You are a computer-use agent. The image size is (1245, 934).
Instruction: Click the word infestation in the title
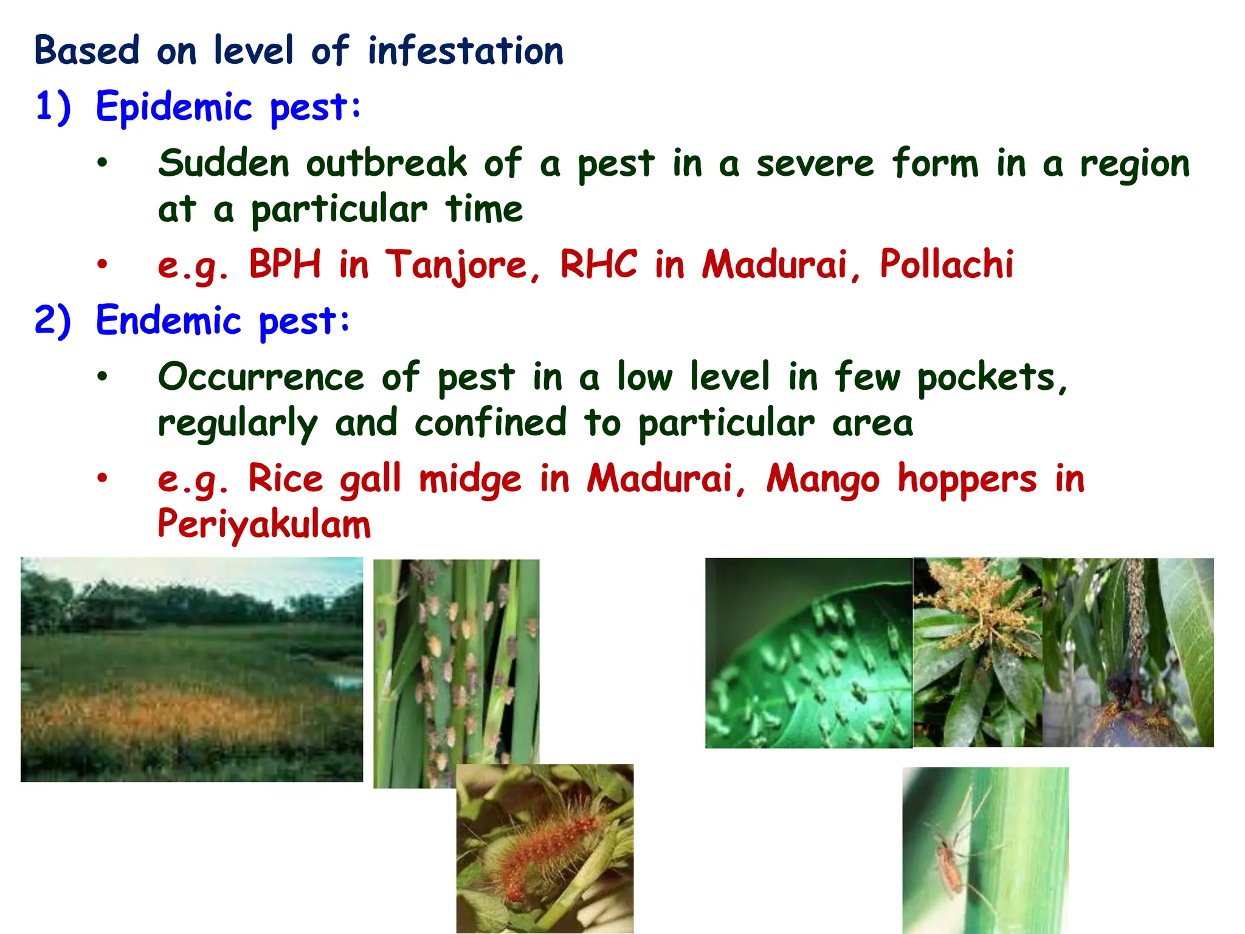465,50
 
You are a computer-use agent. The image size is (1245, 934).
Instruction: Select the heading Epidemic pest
228,107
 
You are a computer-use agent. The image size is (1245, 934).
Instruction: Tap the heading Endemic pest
222,320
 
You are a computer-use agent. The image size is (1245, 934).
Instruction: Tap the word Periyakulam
264,524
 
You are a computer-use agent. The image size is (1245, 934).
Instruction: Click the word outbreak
386,164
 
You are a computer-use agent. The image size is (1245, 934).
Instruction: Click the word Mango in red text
823,479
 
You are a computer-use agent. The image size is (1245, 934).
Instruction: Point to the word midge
470,479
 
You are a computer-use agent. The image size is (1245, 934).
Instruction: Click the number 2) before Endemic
53,320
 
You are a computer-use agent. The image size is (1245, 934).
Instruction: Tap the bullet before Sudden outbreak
102,163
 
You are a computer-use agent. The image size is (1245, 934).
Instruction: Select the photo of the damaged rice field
191,669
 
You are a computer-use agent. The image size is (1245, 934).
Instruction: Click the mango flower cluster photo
978,652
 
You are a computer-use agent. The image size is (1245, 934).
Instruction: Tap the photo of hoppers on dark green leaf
809,653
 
